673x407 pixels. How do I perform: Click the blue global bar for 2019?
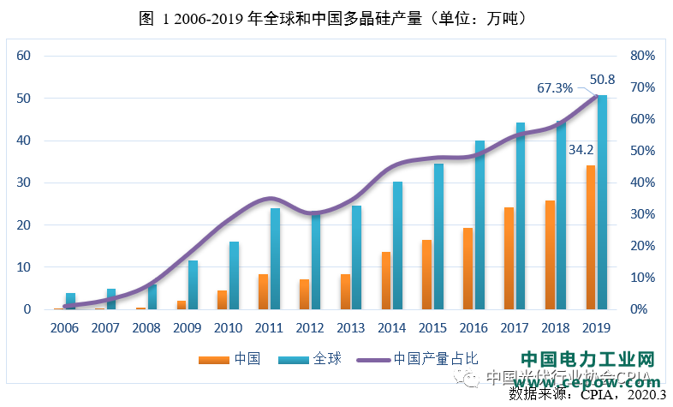point(603,202)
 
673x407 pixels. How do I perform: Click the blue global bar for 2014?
point(398,245)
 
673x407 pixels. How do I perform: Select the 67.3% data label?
point(554,87)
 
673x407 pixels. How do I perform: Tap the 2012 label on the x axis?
point(310,328)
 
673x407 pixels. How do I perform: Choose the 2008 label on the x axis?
point(147,328)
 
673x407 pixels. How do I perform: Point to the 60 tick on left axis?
point(24,56)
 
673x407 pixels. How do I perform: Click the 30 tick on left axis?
point(24,183)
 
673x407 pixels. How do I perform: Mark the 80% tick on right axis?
point(641,56)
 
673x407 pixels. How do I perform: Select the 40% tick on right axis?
point(641,183)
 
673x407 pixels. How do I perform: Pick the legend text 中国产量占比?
point(434,359)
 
